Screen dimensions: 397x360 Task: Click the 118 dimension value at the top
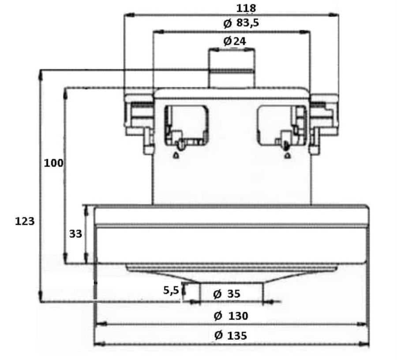pos(246,8)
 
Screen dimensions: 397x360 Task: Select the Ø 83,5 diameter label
pos(241,23)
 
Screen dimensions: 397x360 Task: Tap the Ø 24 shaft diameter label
pos(235,41)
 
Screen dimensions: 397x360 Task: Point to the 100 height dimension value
pos(54,163)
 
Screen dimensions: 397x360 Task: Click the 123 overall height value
pos(25,221)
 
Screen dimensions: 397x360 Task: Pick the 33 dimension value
pos(75,234)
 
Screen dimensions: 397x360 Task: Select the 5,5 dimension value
pos(171,290)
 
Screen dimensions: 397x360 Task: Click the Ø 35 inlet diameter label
pos(227,294)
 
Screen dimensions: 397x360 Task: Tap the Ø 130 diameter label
pos(231,316)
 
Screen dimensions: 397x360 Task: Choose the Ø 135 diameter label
pos(231,336)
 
